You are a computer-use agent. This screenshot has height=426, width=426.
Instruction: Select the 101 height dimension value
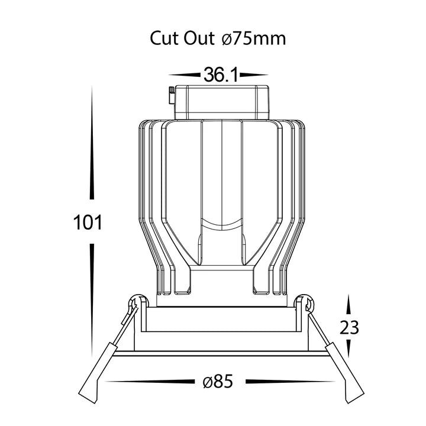pos(88,222)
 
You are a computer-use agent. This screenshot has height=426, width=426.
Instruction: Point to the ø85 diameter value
pos(218,382)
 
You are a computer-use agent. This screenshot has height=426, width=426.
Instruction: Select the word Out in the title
pos(199,38)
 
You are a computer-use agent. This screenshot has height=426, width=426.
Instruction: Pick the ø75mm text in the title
pos(254,38)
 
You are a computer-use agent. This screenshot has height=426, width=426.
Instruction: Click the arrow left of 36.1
pos(185,75)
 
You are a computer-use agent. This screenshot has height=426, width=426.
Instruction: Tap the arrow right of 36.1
pos(254,75)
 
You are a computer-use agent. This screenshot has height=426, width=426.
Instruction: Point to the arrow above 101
pos(92,143)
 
